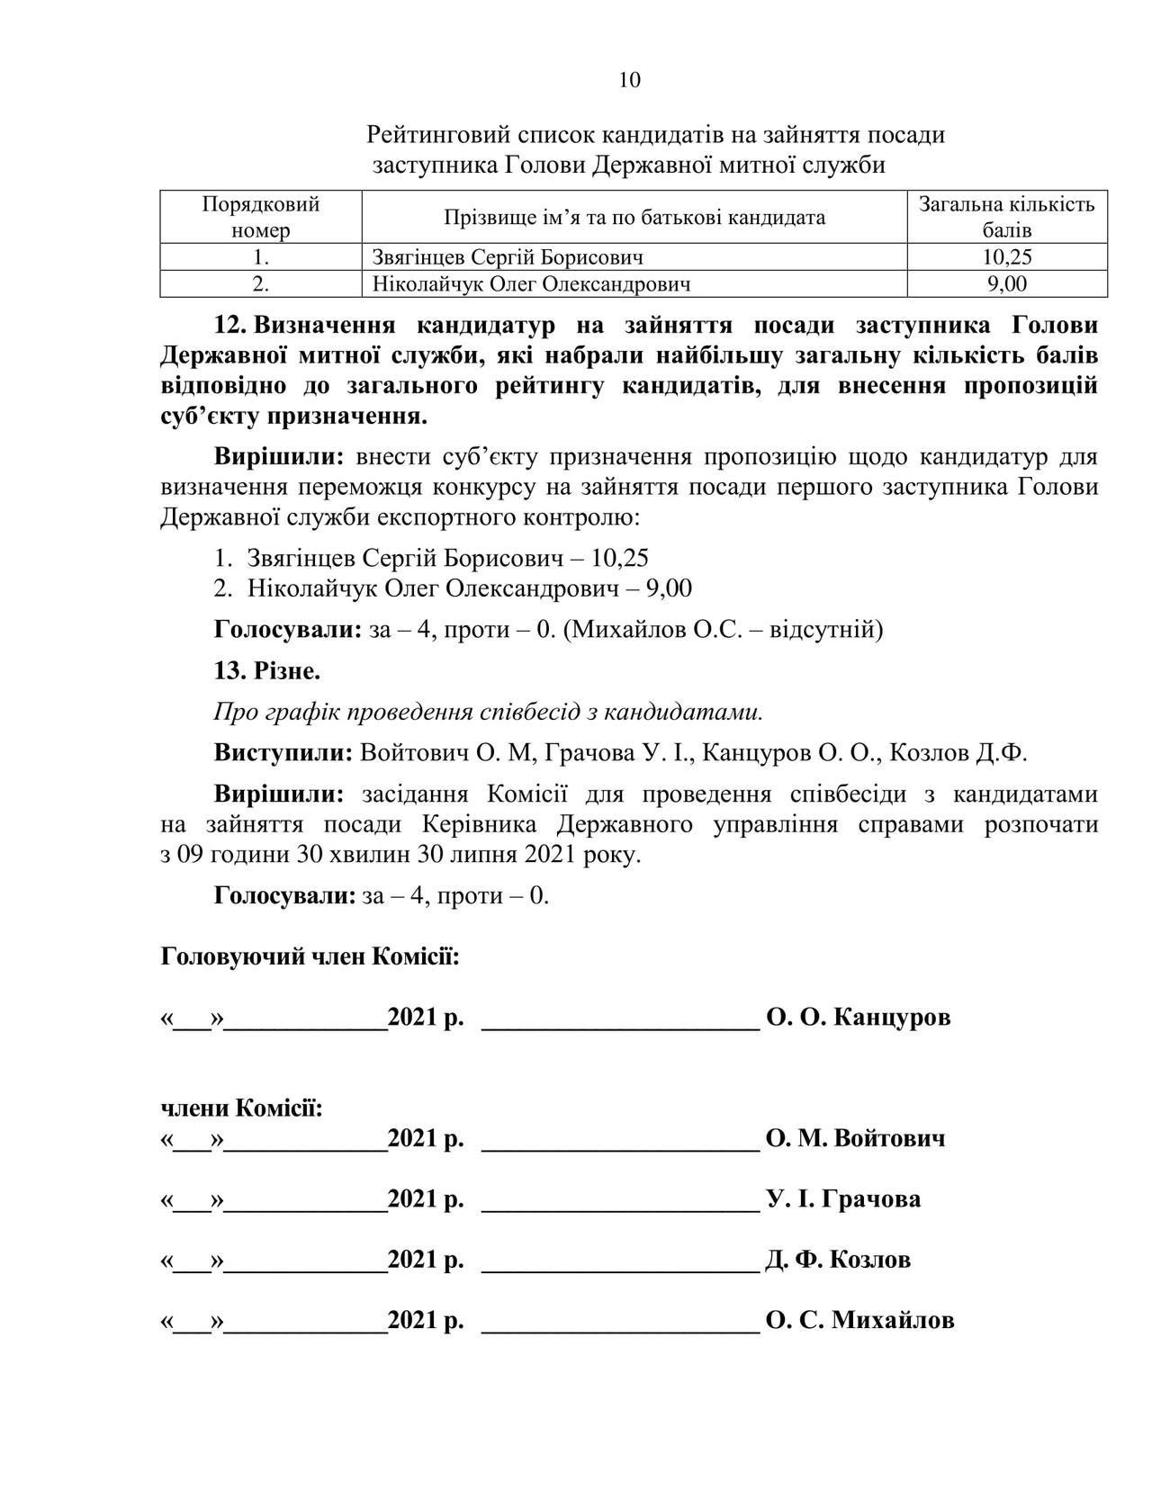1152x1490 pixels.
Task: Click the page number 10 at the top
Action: click(630, 80)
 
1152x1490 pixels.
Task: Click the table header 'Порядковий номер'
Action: click(260, 217)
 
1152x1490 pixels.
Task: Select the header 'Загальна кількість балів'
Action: click(1006, 217)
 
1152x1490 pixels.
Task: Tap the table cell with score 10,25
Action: click(1006, 257)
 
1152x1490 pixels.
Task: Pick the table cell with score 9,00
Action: click(1006, 284)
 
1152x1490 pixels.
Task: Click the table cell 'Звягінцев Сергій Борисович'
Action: click(508, 257)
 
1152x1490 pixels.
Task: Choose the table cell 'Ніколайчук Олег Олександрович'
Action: click(531, 284)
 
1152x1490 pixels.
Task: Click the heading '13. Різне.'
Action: click(267, 670)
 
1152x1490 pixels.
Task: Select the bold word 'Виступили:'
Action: click(283, 753)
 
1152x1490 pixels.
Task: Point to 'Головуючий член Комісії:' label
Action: click(310, 956)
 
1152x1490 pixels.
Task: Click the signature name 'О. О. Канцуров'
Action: click(858, 1018)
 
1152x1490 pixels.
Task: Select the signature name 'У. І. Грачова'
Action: click(843, 1199)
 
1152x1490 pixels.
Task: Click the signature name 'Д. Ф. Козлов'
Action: click(838, 1259)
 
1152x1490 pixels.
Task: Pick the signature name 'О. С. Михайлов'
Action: click(859, 1320)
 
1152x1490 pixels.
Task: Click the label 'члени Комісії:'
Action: click(241, 1108)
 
